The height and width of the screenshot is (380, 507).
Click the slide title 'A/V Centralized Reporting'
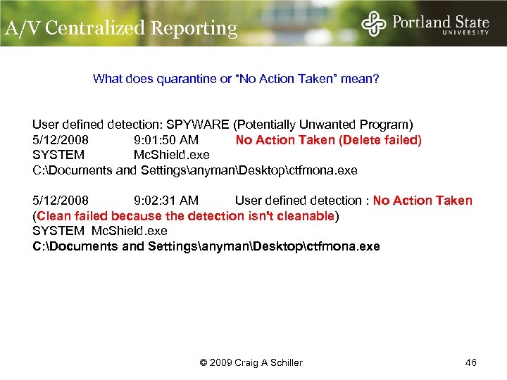pyautogui.click(x=121, y=28)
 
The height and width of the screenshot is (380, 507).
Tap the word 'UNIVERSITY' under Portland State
pyautogui.click(x=465, y=32)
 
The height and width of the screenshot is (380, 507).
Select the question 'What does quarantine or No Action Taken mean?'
pyautogui.click(x=236, y=79)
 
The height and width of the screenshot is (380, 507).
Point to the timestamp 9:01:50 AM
pyautogui.click(x=166, y=140)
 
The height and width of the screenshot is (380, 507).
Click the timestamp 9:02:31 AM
pyautogui.click(x=166, y=201)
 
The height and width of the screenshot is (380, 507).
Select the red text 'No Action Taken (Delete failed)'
pyautogui.click(x=329, y=140)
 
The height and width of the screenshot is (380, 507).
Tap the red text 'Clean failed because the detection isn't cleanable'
pyautogui.click(x=186, y=216)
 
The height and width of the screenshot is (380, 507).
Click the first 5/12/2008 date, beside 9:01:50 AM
pyautogui.click(x=61, y=140)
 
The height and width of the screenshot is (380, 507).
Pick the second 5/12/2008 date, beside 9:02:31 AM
pyautogui.click(x=61, y=201)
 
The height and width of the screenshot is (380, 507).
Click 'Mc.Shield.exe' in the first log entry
pyautogui.click(x=171, y=155)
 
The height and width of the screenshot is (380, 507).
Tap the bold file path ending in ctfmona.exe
pyautogui.click(x=206, y=246)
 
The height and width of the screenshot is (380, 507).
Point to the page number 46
pyautogui.click(x=471, y=362)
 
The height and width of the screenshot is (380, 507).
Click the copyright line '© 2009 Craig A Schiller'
pyautogui.click(x=251, y=362)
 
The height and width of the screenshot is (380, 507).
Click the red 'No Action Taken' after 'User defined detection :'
pyautogui.click(x=423, y=201)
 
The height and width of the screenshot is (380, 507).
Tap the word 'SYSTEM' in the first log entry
pyautogui.click(x=58, y=155)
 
